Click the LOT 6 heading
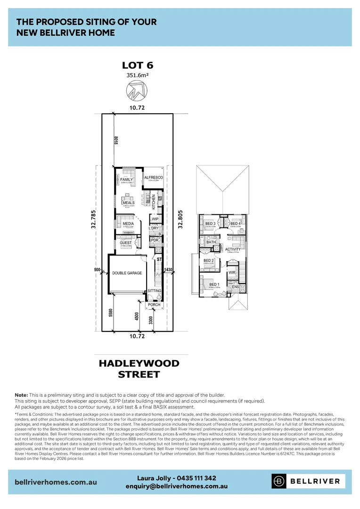(138, 65)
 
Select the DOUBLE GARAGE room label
(127, 273)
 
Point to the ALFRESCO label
(153, 177)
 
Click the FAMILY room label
(126, 180)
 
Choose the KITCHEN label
(154, 202)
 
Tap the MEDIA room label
(128, 224)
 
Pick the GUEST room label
(126, 243)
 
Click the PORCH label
(154, 304)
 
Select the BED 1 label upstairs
(214, 285)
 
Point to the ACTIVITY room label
(233, 249)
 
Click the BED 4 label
(235, 224)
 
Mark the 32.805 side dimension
(180, 219)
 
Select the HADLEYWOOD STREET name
(139, 369)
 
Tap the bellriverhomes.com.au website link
(56, 482)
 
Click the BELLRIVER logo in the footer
(308, 481)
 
